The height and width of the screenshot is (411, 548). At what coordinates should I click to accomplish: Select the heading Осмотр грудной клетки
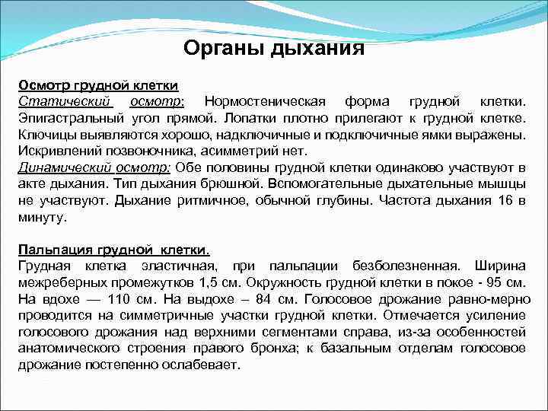click(98, 86)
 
